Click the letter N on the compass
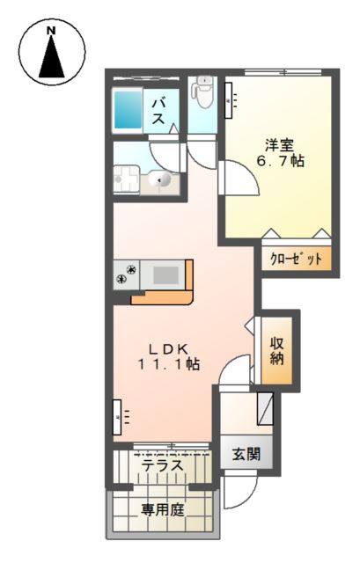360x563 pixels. click(50, 31)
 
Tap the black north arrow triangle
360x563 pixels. click(50, 61)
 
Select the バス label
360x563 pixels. click(161, 112)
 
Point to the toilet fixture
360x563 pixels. click(203, 91)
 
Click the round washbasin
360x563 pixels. click(161, 179)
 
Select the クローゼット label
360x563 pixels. click(295, 260)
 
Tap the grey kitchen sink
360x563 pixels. click(165, 274)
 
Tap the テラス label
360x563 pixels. click(162, 466)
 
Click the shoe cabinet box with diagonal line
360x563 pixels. click(263, 407)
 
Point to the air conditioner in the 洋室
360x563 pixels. click(228, 97)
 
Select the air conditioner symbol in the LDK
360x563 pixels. click(119, 415)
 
